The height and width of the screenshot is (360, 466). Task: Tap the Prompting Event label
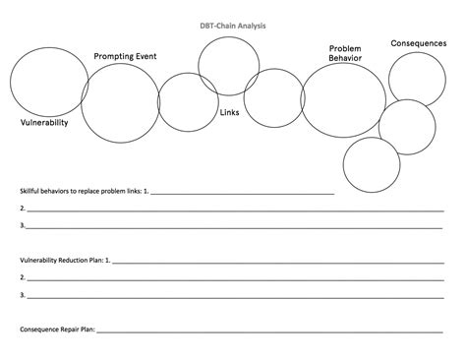click(125, 57)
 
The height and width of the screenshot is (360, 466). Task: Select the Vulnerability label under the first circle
click(45, 123)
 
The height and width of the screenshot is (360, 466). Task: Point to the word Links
click(230, 111)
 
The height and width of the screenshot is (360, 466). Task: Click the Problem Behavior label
click(346, 53)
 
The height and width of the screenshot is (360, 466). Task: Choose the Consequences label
click(420, 42)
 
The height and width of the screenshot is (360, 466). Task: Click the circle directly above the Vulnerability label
click(49, 83)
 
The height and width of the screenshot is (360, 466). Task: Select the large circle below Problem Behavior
click(343, 101)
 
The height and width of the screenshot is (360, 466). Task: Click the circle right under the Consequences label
click(418, 80)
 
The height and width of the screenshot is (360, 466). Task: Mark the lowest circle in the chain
click(372, 164)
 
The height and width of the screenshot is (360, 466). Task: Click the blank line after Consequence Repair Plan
click(275, 330)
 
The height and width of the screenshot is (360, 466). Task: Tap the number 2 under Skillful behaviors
click(23, 209)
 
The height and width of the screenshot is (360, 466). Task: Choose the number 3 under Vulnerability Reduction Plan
click(23, 294)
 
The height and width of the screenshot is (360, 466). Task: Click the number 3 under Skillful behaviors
click(23, 225)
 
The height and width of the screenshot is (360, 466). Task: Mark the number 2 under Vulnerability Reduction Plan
click(23, 277)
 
